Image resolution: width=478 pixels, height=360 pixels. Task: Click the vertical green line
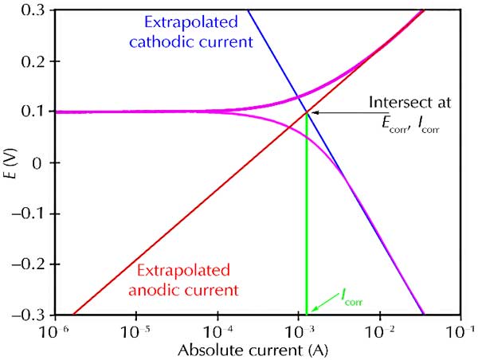(x=307, y=215)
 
